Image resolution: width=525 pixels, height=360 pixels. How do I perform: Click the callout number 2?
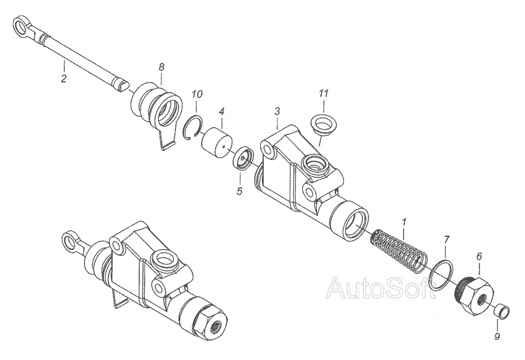coord(64,78)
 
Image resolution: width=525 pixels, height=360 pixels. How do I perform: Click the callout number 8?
coord(162,67)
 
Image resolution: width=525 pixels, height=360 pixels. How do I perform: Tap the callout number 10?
coord(197,93)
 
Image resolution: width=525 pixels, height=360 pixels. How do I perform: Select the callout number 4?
coord(222,111)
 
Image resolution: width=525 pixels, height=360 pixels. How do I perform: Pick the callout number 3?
coord(277,111)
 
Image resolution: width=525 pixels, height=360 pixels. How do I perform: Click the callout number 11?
coord(324,93)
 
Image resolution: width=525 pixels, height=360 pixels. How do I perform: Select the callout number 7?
coord(447,239)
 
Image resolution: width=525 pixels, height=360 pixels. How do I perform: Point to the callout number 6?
coord(480,256)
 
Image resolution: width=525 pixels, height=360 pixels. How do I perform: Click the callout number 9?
coord(498,337)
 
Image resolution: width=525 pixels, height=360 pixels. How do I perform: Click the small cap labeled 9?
coord(501,312)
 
